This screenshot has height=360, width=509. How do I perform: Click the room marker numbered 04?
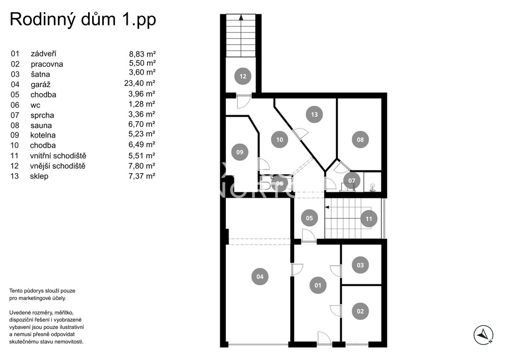[260, 276]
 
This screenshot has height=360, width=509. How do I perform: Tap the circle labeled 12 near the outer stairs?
[243, 76]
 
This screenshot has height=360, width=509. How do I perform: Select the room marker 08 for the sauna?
[360, 140]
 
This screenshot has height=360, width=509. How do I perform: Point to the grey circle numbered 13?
[314, 114]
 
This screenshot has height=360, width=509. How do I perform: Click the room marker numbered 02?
[360, 311]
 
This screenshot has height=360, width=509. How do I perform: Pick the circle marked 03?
[360, 265]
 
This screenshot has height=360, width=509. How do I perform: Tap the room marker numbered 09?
[240, 152]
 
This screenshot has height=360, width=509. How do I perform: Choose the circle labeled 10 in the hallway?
[279, 140]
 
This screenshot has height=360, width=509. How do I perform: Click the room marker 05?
[309, 218]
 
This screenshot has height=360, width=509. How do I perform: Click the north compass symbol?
[484, 335]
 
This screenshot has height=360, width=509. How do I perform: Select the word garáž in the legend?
[41, 85]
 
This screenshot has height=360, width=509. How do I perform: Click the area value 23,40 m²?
[139, 83]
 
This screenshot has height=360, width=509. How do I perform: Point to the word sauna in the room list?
[41, 125]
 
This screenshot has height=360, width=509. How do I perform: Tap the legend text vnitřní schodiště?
[58, 155]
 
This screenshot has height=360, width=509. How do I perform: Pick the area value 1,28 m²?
[142, 104]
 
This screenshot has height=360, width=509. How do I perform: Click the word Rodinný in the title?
[42, 20]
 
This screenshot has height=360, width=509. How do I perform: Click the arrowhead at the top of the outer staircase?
[241, 17]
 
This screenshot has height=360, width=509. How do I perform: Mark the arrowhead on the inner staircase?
[327, 207]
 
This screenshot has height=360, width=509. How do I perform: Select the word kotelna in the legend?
[43, 135]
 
